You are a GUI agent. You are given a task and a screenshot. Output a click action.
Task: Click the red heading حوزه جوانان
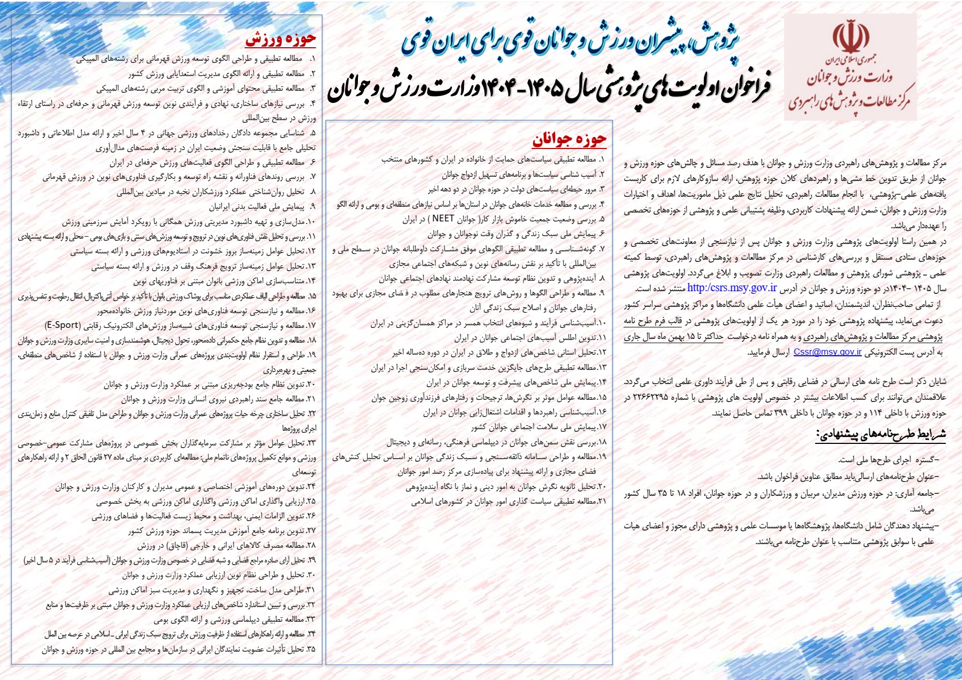(x=569, y=139)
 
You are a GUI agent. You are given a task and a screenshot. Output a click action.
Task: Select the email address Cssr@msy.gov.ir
(x=828, y=352)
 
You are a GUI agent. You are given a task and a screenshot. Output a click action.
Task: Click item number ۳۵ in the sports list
(x=311, y=650)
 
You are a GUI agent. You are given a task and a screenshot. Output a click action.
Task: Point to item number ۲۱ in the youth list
(x=601, y=501)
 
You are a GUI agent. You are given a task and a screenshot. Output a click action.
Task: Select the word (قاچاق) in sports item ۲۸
(x=173, y=546)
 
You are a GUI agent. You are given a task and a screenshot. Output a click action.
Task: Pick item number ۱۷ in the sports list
(x=311, y=325)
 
